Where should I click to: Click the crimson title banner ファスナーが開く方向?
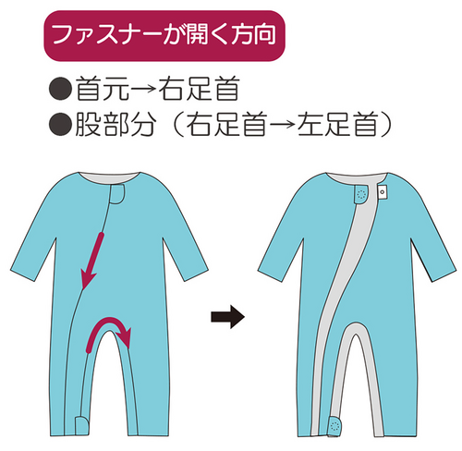pyautogui.click(x=164, y=35)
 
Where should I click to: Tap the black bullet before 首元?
pyautogui.click(x=60, y=89)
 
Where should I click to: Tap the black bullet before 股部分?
pyautogui.click(x=60, y=124)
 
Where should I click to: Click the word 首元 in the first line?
pyautogui.click(x=103, y=89)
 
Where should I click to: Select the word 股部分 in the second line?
pyautogui.click(x=115, y=124)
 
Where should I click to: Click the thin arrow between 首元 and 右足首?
pyautogui.click(x=144, y=89)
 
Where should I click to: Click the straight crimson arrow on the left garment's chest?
pyautogui.click(x=92, y=262)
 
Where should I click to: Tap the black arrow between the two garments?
pyautogui.click(x=227, y=316)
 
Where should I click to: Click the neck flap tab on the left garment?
pyautogui.click(x=117, y=194)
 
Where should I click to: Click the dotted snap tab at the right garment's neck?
pyautogui.click(x=361, y=194)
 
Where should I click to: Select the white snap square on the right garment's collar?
pyautogui.click(x=383, y=191)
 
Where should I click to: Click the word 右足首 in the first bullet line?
pyautogui.click(x=199, y=89)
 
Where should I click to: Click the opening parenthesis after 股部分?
pyautogui.click(x=177, y=124)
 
